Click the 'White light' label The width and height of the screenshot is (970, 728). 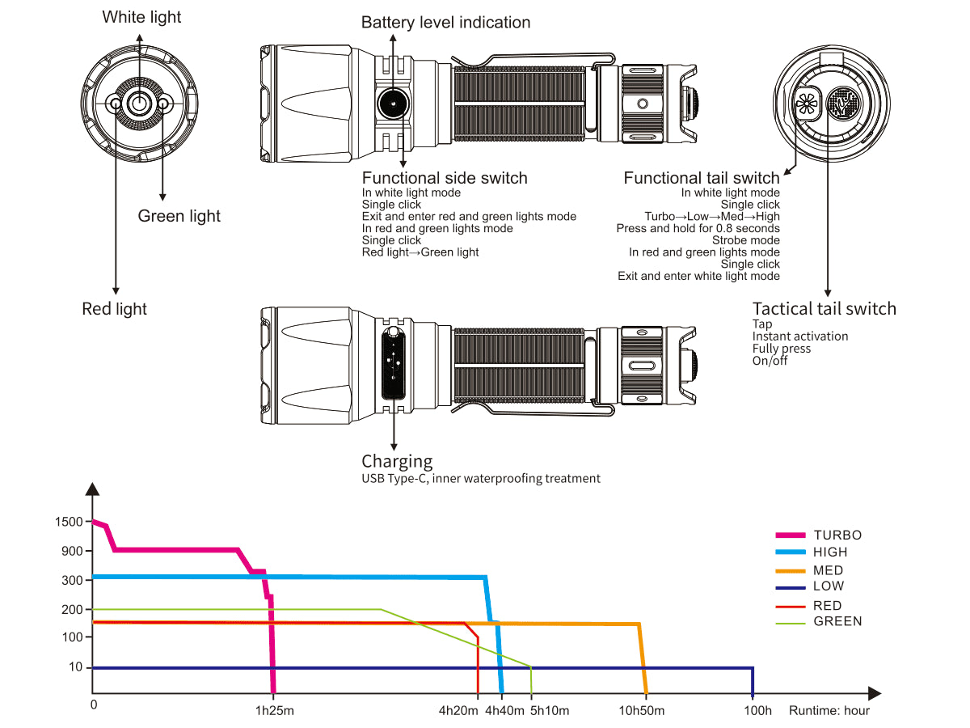pyautogui.click(x=141, y=17)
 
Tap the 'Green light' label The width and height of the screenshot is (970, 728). pyautogui.click(x=179, y=216)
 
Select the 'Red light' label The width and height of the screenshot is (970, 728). pyautogui.click(x=115, y=309)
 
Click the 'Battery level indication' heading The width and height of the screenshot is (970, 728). pyautogui.click(x=445, y=23)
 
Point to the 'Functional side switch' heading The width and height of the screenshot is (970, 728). pyautogui.click(x=445, y=178)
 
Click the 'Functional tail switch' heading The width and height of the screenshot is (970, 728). pyautogui.click(x=701, y=178)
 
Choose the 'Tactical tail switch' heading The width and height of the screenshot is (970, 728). pyautogui.click(x=824, y=309)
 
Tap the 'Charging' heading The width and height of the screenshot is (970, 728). pyautogui.click(x=397, y=462)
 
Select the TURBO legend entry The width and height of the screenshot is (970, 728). pyautogui.click(x=837, y=535)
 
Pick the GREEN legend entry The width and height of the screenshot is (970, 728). pyautogui.click(x=837, y=621)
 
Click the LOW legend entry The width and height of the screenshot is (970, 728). pyautogui.click(x=829, y=586)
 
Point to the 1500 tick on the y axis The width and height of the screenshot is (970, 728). pyautogui.click(x=70, y=522)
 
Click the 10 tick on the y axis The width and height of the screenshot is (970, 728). pyautogui.click(x=76, y=667)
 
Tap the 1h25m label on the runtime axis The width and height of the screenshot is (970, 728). pyautogui.click(x=274, y=711)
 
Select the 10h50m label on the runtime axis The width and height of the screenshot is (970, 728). pyautogui.click(x=642, y=711)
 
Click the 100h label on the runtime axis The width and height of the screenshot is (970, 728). pyautogui.click(x=758, y=711)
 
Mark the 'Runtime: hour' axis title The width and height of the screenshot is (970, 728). pyautogui.click(x=829, y=711)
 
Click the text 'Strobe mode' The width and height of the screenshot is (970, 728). pyautogui.click(x=746, y=240)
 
